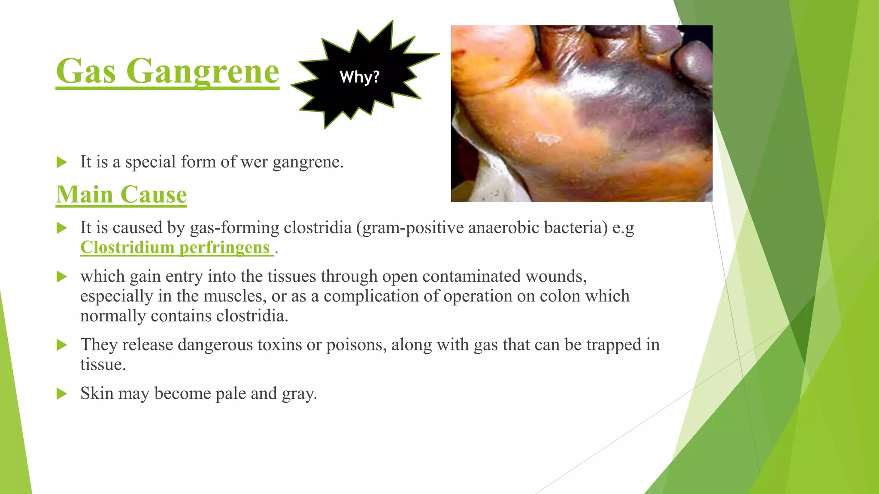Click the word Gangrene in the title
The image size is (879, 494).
coord(203,72)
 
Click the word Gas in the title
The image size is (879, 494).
coord(86,72)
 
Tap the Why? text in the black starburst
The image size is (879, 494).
coord(360,77)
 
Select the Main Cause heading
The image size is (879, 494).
coord(121,195)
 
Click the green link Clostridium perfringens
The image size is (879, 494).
coord(175,247)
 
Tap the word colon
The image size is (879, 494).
coord(561,296)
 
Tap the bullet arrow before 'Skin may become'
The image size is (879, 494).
coord(62,394)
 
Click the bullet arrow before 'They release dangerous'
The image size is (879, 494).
coord(62,345)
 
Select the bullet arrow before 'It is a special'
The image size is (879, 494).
coord(62,162)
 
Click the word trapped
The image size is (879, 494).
coord(614,345)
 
